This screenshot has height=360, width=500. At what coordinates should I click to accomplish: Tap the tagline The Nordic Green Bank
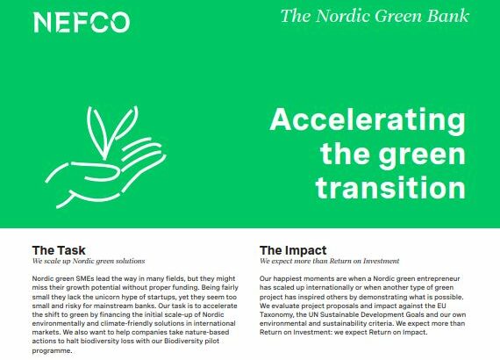[375, 16]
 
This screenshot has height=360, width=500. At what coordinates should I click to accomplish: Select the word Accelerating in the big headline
[367, 121]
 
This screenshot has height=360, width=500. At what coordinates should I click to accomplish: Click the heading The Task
[59, 249]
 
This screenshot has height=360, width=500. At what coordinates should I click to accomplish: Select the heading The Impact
[294, 249]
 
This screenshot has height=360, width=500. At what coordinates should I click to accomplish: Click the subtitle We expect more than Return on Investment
[330, 262]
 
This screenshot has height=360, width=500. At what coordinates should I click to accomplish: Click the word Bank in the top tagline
[451, 16]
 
